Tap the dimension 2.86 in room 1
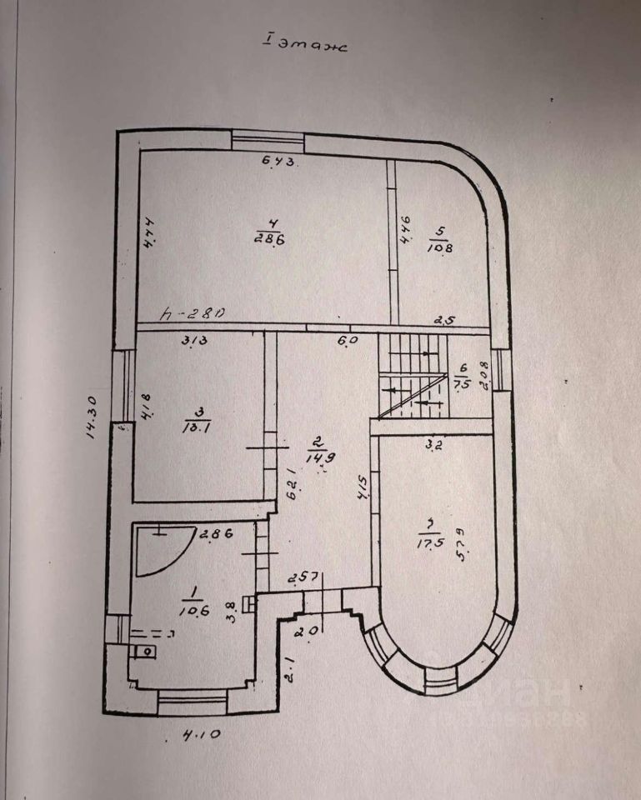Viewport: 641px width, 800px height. pos(213,533)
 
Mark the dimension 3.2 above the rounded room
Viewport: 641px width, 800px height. pos(434,445)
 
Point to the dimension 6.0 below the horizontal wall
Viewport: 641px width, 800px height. pos(346,340)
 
